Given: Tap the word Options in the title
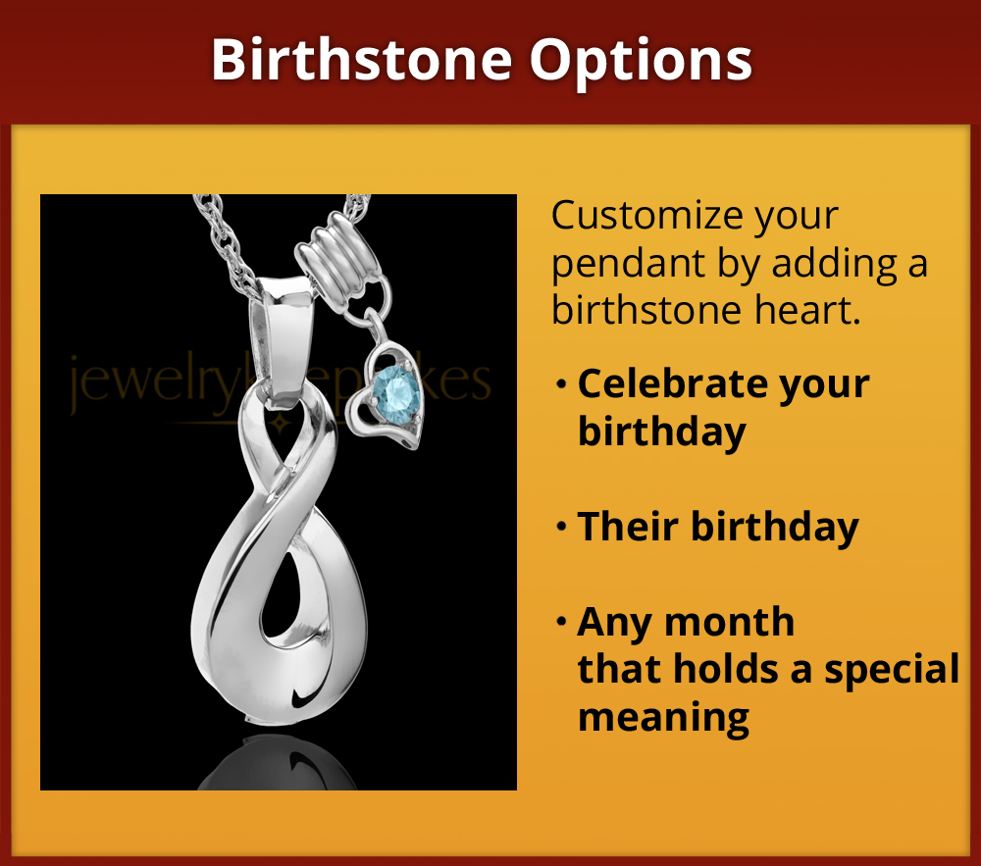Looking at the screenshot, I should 642,61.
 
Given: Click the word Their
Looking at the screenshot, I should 628,527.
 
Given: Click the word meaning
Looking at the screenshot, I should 663,716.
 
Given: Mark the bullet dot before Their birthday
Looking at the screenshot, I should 561,528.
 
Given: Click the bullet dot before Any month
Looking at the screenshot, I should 561,622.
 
